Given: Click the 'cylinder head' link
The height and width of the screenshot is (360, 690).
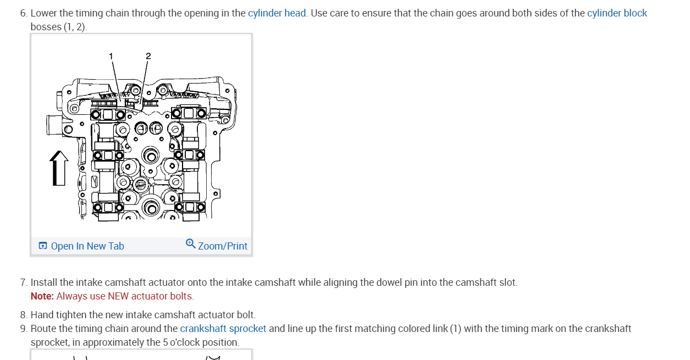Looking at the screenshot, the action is pos(277,13).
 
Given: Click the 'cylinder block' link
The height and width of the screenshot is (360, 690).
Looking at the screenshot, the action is pos(617,13).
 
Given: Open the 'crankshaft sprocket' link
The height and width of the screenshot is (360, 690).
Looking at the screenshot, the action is pos(223,329).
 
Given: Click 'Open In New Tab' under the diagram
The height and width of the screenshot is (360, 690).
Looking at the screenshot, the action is pos(87,246).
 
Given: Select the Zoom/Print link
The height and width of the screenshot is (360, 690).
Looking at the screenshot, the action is pos(223,246).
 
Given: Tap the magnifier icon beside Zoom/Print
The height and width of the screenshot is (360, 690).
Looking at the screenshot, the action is pos(191,243).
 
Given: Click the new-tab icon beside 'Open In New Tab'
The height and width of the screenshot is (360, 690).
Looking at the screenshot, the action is pos(43,246).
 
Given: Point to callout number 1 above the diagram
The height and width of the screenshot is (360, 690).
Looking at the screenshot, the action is pos(111,56).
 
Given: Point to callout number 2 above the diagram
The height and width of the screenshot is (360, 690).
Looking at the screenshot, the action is pos(148,56).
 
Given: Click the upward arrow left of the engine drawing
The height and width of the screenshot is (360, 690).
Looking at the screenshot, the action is pos(59,168).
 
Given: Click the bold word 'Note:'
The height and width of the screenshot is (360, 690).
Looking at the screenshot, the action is pos(42,296).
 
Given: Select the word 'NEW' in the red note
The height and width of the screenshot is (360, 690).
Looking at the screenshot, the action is pos(118,296).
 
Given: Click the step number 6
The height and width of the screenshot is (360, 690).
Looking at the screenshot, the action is pos(23,13).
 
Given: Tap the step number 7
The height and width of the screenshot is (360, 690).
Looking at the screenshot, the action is pos(23,283).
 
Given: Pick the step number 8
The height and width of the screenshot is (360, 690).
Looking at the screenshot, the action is pos(23,315).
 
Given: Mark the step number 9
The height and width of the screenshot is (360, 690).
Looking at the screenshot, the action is pos(23,329).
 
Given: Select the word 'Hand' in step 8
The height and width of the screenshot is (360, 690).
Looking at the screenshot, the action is pos(41,315).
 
